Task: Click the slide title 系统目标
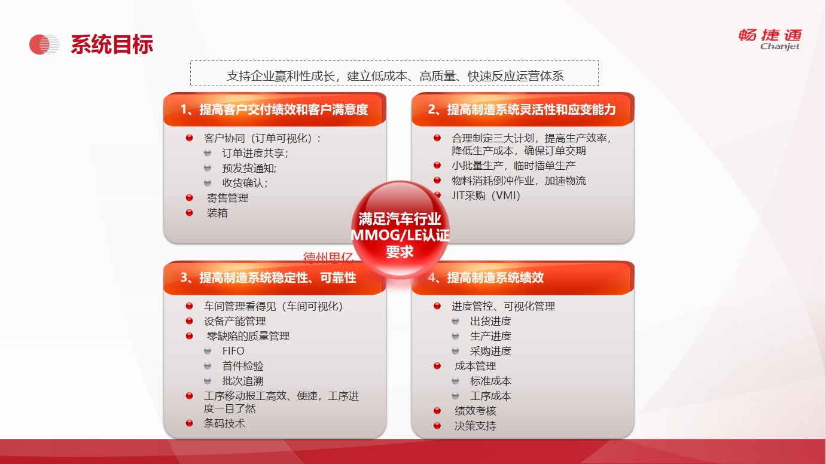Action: (112, 45)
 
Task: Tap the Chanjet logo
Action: (770, 39)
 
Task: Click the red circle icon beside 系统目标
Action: (44, 45)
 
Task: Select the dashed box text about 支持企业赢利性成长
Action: (395, 76)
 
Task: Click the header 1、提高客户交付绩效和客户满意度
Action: (275, 109)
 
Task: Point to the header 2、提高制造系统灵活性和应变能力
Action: (522, 109)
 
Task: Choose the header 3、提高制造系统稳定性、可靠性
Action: (268, 277)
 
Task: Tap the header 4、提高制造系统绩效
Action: (486, 277)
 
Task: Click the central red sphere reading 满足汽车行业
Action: (400, 229)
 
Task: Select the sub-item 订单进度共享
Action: (255, 153)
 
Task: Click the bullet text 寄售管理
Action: (227, 199)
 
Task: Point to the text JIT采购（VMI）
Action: (486, 196)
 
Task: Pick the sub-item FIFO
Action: (233, 351)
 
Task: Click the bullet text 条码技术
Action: (224, 423)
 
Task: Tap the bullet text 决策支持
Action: (476, 426)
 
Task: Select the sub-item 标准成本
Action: (490, 381)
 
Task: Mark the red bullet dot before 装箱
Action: (190, 213)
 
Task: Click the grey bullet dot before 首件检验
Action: (208, 366)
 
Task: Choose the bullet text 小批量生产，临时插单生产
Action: (514, 166)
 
